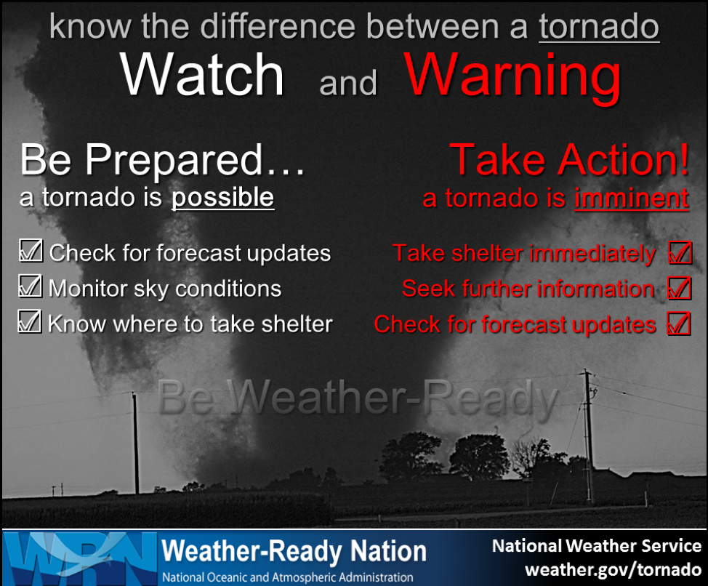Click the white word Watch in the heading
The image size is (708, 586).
pos(202,74)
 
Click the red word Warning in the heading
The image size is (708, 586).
pos(513,78)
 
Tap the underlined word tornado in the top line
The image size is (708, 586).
pos(599,27)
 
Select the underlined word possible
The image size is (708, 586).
pos(222,198)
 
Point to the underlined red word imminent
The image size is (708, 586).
pos(632,198)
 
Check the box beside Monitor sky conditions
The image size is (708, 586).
pos(31,286)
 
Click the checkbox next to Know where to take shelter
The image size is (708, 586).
pos(30,321)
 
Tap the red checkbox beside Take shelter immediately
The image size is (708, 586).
pos(680,252)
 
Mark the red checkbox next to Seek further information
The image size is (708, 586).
pos(680,288)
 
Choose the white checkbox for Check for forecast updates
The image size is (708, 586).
pos(31,251)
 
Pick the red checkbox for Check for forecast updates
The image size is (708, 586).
pos(679,324)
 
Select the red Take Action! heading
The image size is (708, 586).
pos(569,159)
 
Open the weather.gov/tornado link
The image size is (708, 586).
pos(614,570)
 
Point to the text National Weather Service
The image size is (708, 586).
pos(597,546)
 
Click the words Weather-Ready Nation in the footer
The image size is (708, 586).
pos(294,551)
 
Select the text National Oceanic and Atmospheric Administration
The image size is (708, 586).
pos(288,577)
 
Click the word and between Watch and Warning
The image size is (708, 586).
pos(348,83)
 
